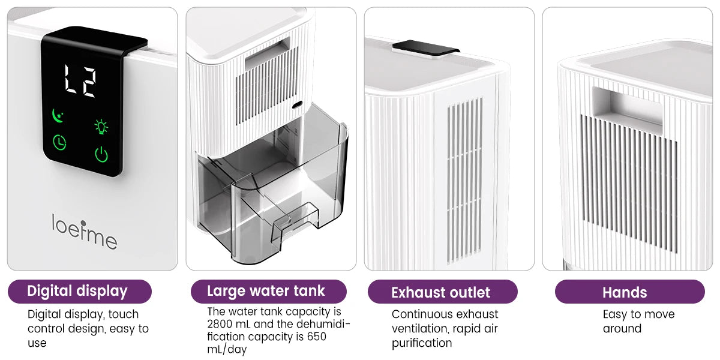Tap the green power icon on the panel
[x=101, y=154]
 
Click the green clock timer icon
[x=59, y=143]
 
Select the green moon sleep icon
[x=59, y=114]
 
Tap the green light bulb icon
[x=101, y=126]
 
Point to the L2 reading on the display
[x=80, y=82]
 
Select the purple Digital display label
[x=78, y=292]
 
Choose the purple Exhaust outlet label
[x=442, y=293]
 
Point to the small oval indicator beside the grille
[x=297, y=106]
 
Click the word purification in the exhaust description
[x=422, y=343]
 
